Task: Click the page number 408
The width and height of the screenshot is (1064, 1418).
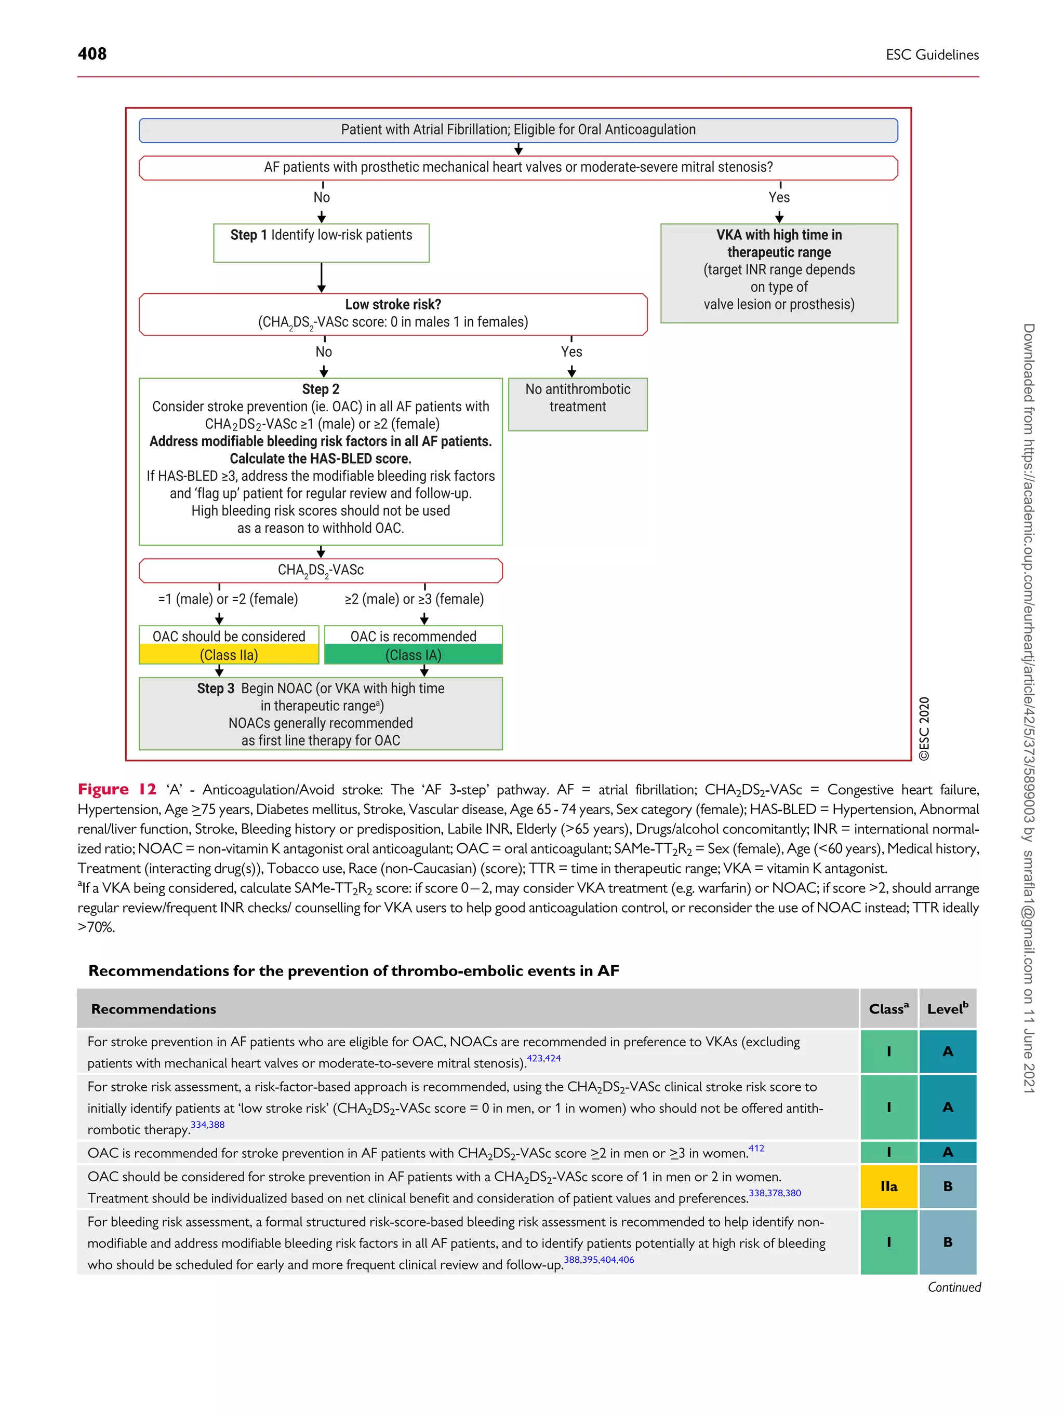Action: (x=92, y=54)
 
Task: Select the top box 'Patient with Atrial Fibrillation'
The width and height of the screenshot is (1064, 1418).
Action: (x=517, y=130)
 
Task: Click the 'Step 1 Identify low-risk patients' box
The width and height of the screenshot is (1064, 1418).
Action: (x=321, y=242)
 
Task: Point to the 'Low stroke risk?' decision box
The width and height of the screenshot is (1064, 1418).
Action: (x=393, y=314)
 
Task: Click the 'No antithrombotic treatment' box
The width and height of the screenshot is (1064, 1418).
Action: (x=577, y=403)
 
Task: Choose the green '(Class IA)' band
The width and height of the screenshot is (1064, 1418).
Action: (x=413, y=655)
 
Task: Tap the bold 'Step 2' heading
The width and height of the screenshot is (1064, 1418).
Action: (x=321, y=389)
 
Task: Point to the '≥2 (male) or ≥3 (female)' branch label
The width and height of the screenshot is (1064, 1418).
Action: (x=414, y=599)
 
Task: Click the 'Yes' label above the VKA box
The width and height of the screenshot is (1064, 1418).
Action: (x=779, y=197)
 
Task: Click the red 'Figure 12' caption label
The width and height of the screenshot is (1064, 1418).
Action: (x=117, y=789)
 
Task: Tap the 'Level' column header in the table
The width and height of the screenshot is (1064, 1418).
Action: (x=947, y=1009)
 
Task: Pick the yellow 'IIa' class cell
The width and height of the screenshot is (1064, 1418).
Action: (x=888, y=1186)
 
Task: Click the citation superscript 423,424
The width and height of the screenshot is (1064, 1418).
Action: (x=543, y=1058)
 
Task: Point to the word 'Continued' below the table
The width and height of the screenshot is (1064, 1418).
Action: (x=954, y=1287)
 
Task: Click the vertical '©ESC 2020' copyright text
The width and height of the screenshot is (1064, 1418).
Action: (x=924, y=728)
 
